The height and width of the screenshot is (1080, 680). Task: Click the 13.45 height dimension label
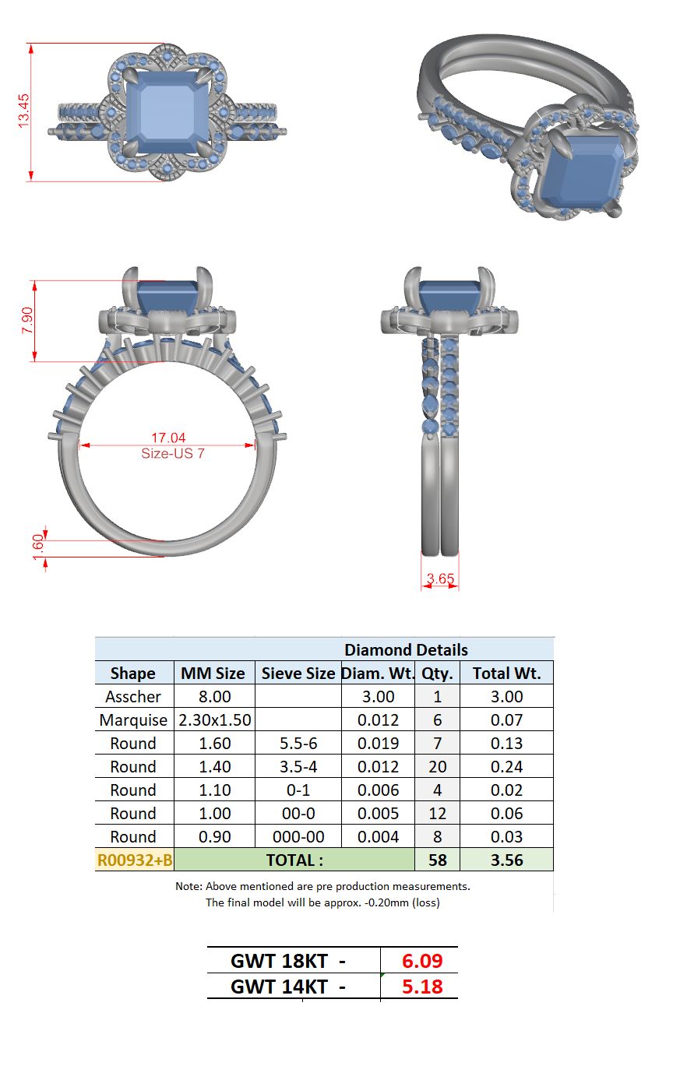pyautogui.click(x=23, y=111)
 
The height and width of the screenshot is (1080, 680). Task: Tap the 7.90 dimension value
pyautogui.click(x=27, y=320)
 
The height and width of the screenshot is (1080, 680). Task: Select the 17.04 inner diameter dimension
pyautogui.click(x=168, y=438)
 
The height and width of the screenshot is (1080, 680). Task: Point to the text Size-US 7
pyautogui.click(x=173, y=453)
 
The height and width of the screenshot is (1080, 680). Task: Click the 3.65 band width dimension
pyautogui.click(x=440, y=578)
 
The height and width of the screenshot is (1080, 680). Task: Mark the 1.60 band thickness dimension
pyautogui.click(x=38, y=547)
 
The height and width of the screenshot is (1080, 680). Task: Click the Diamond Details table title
pyautogui.click(x=406, y=649)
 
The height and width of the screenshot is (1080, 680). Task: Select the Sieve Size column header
pyautogui.click(x=298, y=673)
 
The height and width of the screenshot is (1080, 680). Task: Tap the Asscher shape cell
pyautogui.click(x=133, y=696)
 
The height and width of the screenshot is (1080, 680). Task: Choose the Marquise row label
pyautogui.click(x=133, y=719)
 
